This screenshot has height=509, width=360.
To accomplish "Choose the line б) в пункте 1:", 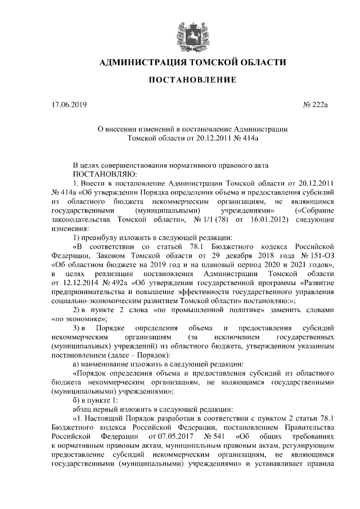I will click(95, 399).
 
